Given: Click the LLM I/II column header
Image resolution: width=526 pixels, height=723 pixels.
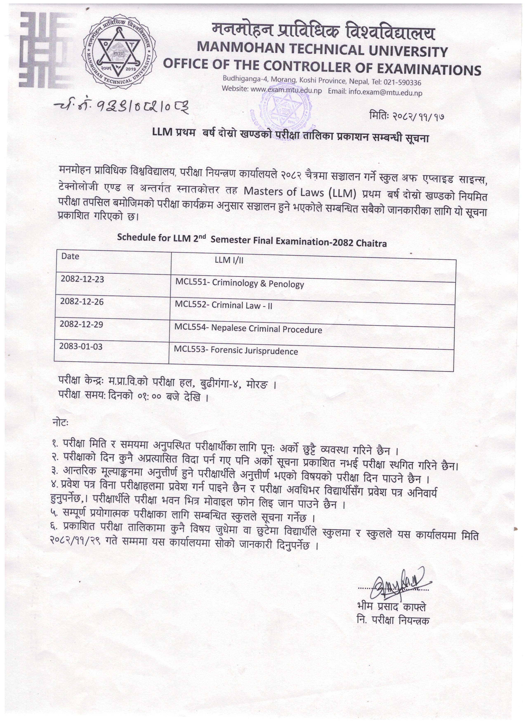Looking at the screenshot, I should tap(229, 260).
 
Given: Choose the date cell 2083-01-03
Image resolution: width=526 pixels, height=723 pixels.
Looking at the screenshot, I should tap(81, 346).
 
